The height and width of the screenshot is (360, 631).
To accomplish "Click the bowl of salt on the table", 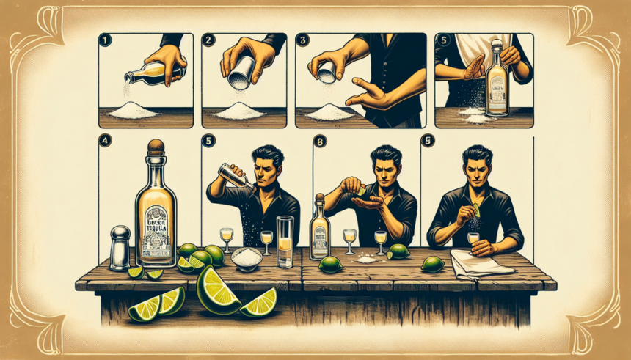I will [246, 257].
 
